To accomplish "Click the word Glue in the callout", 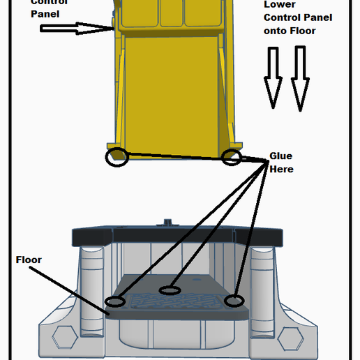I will pyautogui.click(x=280, y=156).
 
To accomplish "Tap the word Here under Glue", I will pyautogui.click(x=281, y=169).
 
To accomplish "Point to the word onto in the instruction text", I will pyautogui.click(x=277, y=31).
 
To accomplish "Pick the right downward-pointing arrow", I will pyautogui.click(x=300, y=78).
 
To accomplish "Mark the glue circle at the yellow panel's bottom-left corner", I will pyautogui.click(x=117, y=156).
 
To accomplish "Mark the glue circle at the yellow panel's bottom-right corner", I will pyautogui.click(x=232, y=157).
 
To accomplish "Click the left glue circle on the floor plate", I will pyautogui.click(x=114, y=301).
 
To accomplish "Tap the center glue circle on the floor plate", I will pyautogui.click(x=170, y=290).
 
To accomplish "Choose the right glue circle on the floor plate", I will pyautogui.click(x=234, y=301).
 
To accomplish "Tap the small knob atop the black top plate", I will pyautogui.click(x=167, y=223).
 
